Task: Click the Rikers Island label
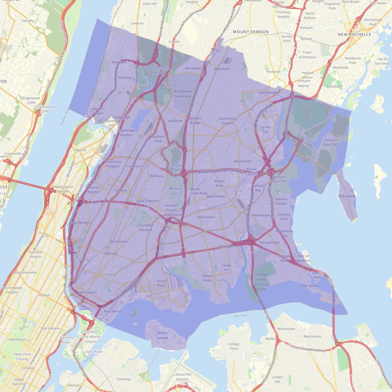click(x=162, y=335)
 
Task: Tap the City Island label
click(x=347, y=196)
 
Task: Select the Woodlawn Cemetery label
click(x=183, y=94)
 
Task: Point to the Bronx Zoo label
click(x=174, y=191)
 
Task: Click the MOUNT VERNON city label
click(x=251, y=32)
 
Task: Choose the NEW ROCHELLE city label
click(x=354, y=34)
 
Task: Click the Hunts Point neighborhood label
click(x=161, y=283)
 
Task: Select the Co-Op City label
click(x=265, y=129)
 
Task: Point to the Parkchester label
click(x=206, y=217)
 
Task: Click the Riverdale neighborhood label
click(x=119, y=62)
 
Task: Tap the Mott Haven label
click(x=88, y=292)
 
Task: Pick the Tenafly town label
click(x=27, y=21)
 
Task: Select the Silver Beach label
click(x=309, y=286)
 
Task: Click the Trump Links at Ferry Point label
click(x=261, y=282)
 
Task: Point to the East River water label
click(x=241, y=316)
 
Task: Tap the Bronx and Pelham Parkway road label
click(x=221, y=171)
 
